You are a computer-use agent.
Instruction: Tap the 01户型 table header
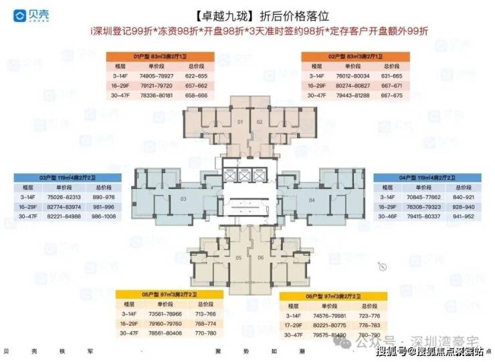click(158, 57)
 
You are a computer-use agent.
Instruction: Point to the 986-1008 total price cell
click(102, 217)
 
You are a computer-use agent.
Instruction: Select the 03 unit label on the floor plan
click(182, 199)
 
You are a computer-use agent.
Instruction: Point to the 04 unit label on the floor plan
click(311, 200)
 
